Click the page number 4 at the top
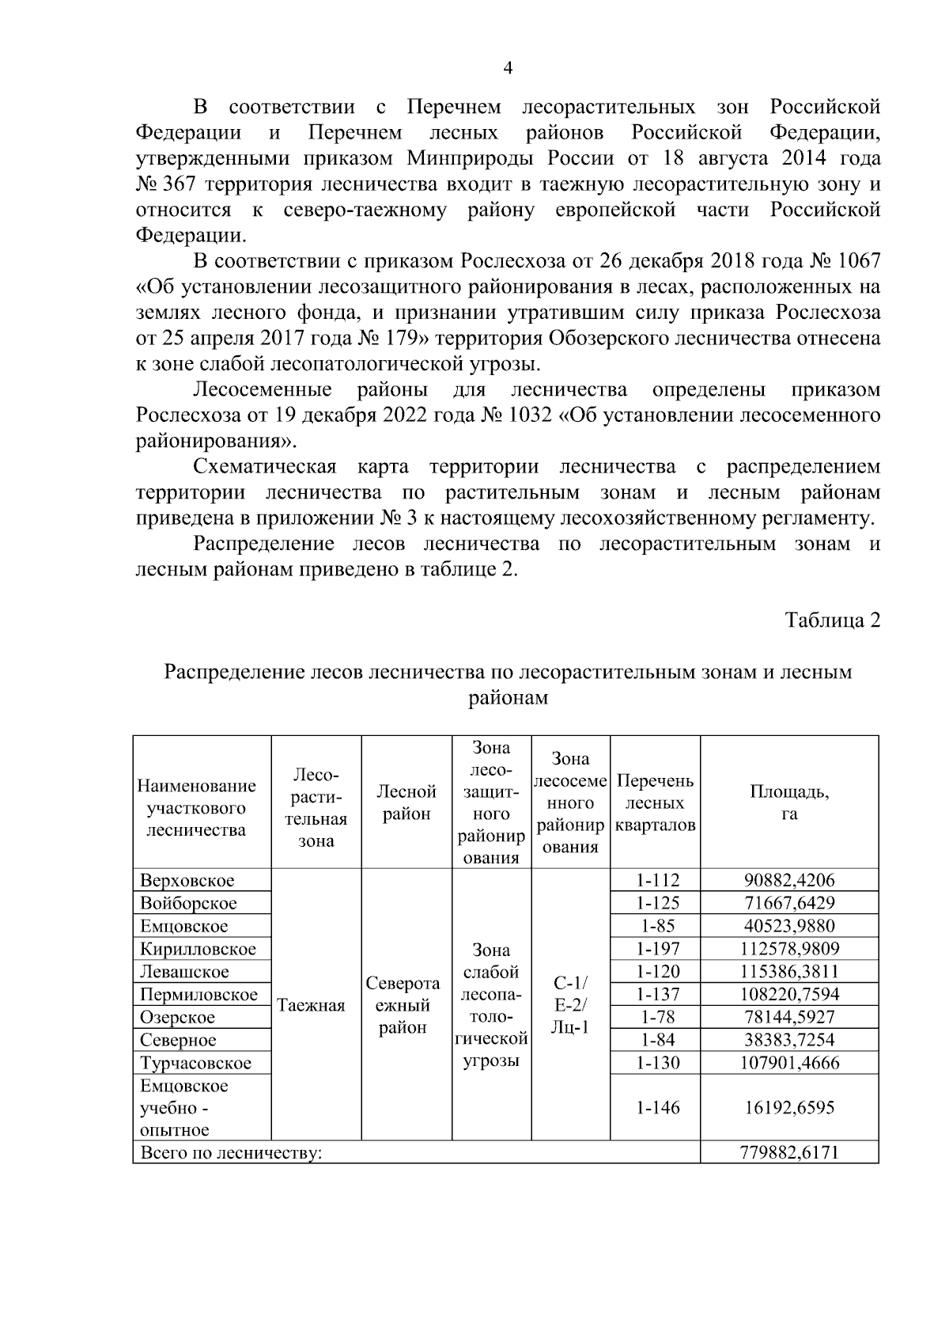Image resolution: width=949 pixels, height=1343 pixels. (x=508, y=69)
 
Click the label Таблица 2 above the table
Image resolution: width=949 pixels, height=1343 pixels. (x=832, y=620)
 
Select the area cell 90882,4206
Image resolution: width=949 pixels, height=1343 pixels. (x=788, y=880)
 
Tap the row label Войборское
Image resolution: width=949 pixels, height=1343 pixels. (x=188, y=903)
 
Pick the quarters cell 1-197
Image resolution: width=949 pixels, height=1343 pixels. (x=658, y=949)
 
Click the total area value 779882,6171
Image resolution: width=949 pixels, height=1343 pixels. (x=788, y=1152)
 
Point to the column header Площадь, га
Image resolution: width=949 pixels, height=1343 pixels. (x=788, y=802)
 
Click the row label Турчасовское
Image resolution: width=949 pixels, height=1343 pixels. (x=195, y=1063)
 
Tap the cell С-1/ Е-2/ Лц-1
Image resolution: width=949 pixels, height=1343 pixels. (x=570, y=1005)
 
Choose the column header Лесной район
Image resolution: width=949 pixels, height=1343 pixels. (x=406, y=802)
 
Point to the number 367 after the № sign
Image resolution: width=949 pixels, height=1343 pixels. (x=183, y=185)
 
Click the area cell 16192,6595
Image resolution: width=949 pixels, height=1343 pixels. (x=788, y=1107)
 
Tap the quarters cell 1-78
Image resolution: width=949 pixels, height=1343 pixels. (x=658, y=1017)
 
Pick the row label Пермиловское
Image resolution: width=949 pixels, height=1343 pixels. (x=198, y=995)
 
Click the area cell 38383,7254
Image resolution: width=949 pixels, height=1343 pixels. (x=788, y=1040)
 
